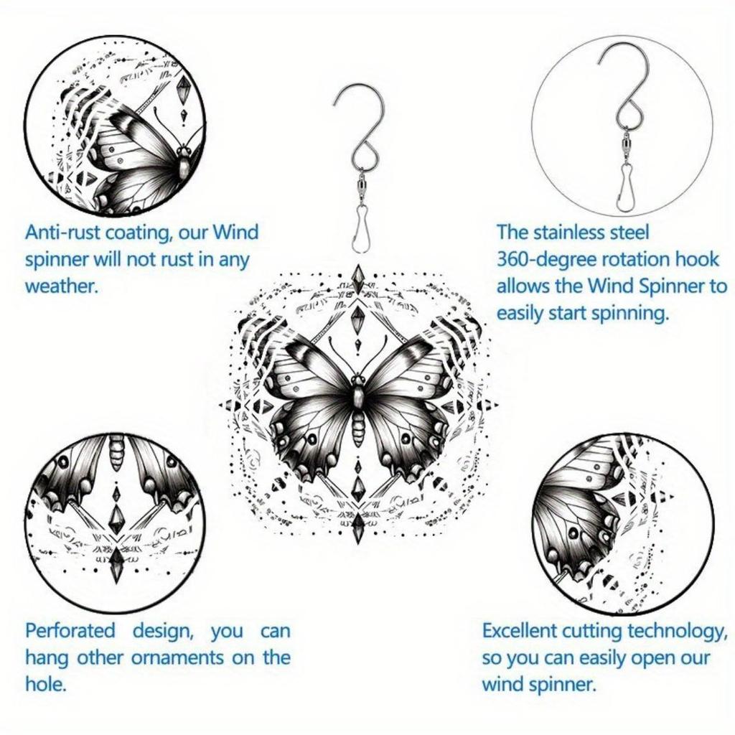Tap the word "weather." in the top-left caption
pyautogui.click(x=60, y=286)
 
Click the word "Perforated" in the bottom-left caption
pyautogui.click(x=70, y=631)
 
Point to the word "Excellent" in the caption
pyautogui.click(x=518, y=631)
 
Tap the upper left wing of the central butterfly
pyautogui.click(x=312, y=370)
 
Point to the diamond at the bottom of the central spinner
pyautogui.click(x=357, y=530)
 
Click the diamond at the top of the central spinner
pyautogui.click(x=357, y=278)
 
